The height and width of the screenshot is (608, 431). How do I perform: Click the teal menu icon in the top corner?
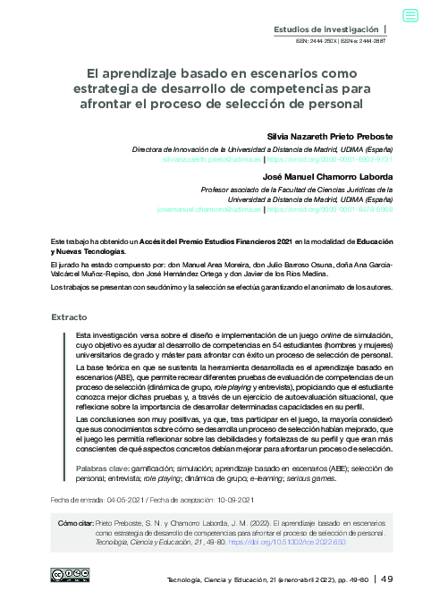[410, 15]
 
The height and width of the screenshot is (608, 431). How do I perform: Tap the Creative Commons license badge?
[69, 575]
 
